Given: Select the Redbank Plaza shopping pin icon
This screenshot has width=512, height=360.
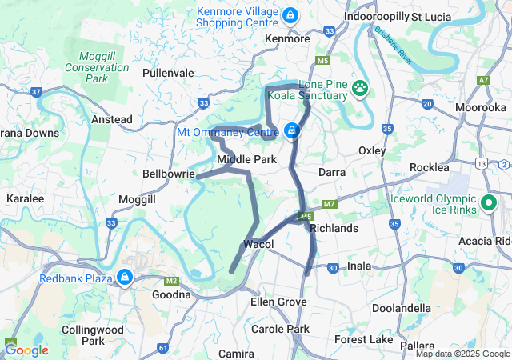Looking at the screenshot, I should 124,278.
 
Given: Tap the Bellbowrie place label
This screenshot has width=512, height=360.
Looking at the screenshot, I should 168,173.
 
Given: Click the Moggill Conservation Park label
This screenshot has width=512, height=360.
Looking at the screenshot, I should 104,67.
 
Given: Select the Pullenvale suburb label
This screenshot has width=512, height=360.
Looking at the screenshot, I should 168,73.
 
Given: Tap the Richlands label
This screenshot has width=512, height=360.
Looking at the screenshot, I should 333,228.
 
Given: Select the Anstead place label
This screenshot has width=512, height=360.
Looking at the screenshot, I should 112,119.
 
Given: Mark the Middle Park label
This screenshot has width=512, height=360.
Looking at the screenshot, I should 247,160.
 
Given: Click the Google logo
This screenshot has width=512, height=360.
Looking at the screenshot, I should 27,350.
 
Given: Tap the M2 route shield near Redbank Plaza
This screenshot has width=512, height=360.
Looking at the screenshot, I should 170,281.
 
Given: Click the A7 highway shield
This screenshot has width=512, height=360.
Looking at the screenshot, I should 482,81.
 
